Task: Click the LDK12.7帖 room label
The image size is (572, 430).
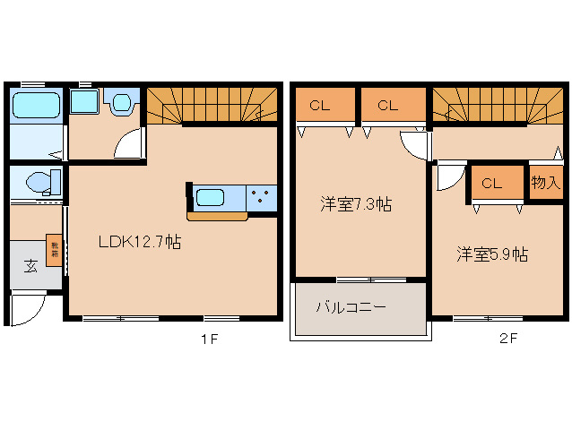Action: (140, 241)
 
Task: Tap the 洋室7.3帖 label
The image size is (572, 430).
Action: (356, 203)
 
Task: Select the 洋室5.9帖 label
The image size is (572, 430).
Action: (491, 254)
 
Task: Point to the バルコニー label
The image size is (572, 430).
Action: (351, 307)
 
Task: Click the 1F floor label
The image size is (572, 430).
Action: (209, 340)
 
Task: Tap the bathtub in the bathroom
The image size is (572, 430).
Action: (36, 107)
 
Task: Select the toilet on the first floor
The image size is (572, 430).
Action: (41, 183)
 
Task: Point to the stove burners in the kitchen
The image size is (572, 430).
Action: (263, 196)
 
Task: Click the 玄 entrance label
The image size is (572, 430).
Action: (30, 265)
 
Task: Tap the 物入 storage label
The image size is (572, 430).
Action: (544, 183)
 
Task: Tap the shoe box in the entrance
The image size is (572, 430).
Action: (54, 248)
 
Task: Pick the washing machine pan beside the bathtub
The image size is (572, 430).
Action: (84, 101)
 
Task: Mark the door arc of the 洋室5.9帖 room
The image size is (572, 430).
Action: (446, 178)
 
